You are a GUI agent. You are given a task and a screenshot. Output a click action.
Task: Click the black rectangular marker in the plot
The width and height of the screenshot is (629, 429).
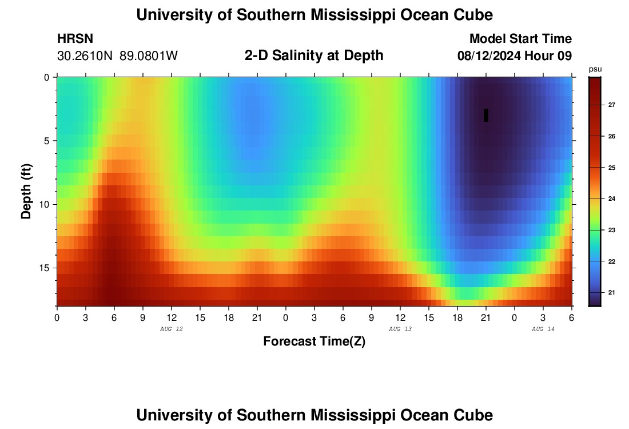click(486, 115)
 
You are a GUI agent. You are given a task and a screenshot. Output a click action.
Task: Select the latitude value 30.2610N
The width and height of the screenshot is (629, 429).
click(85, 56)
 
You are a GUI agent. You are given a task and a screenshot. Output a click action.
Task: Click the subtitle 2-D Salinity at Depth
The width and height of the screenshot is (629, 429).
click(314, 55)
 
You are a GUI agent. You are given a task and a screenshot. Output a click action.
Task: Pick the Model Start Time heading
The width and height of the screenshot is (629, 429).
click(520, 39)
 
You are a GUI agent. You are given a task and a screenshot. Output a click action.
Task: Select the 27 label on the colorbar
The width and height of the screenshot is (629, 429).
click(611, 105)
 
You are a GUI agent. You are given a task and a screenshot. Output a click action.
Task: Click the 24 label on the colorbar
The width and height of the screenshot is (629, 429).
click(611, 199)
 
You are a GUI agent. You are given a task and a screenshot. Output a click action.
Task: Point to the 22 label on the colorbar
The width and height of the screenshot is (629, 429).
click(611, 261)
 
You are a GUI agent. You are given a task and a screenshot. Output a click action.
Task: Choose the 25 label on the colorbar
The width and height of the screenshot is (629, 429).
click(611, 168)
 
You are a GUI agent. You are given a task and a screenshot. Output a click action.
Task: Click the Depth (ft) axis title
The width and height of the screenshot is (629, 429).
click(26, 190)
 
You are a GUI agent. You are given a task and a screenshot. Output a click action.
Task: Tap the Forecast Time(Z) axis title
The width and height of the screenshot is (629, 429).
click(314, 341)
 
